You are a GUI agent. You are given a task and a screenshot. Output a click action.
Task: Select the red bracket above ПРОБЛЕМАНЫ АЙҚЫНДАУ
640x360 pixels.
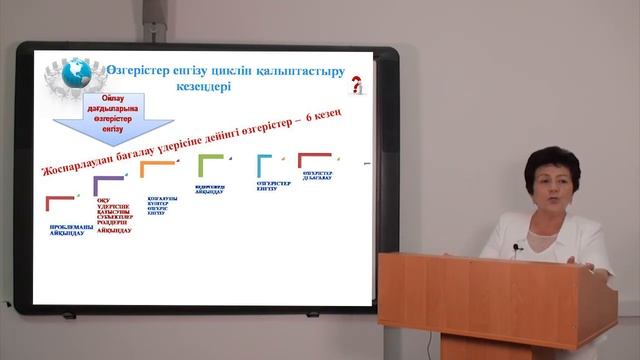pyautogui.click(x=59, y=203)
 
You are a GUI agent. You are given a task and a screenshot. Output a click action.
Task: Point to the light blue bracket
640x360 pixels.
pyautogui.click(x=265, y=163)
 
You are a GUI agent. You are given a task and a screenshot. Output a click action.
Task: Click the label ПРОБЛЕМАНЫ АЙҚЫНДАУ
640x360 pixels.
pyautogui.click(x=72, y=229)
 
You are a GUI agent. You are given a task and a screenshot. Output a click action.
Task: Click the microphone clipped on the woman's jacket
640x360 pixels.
pyautogui.click(x=517, y=247)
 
